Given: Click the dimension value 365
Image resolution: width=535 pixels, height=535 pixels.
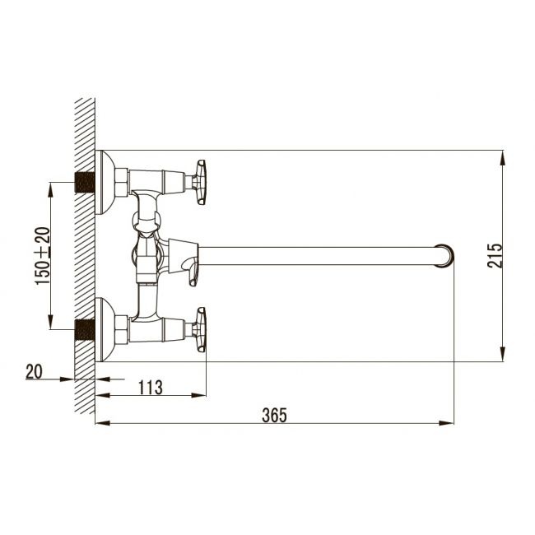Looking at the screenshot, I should pyautogui.click(x=275, y=415).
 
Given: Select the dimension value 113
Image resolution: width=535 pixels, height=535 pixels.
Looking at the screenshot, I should pyautogui.click(x=151, y=386).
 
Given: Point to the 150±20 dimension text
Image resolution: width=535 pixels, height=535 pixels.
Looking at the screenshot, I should pyautogui.click(x=42, y=256).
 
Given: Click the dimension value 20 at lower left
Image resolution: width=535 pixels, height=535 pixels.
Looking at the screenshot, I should pyautogui.click(x=34, y=371).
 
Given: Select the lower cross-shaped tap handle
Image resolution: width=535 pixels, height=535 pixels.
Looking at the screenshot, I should pyautogui.click(x=200, y=329).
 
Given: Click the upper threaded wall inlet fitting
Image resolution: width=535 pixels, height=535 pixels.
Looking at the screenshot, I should pyautogui.click(x=82, y=182).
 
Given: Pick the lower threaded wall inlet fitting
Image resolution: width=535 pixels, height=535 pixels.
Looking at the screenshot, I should pyautogui.click(x=82, y=330).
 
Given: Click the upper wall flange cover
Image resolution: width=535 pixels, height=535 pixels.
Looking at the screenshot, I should pyautogui.click(x=104, y=182).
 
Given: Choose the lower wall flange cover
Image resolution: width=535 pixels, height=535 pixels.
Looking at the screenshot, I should pyautogui.click(x=104, y=330).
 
